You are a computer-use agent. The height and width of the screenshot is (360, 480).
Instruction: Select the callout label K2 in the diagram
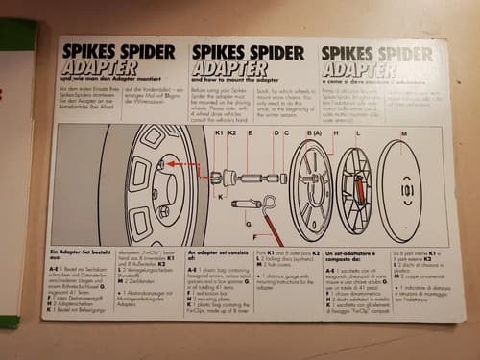point(233,132)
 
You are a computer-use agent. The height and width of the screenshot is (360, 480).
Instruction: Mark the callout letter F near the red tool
point(254,233)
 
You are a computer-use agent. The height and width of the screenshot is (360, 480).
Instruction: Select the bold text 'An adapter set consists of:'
point(218,255)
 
